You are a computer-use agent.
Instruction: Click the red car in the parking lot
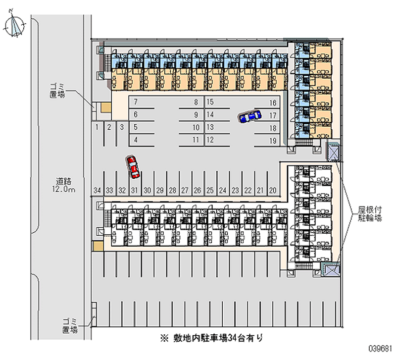pos(133,167)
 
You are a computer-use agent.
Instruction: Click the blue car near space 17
pos(249,116)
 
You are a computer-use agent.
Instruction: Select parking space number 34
pos(97,190)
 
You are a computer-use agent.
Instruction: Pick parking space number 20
pos(273,190)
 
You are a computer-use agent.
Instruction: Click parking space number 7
pos(135,103)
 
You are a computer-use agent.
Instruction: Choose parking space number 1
pos(98,127)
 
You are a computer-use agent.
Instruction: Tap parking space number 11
pos(196,140)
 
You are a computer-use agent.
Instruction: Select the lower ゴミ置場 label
pos(70,325)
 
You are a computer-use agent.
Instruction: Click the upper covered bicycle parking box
pos(334,152)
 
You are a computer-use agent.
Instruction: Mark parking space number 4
pos(135,140)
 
